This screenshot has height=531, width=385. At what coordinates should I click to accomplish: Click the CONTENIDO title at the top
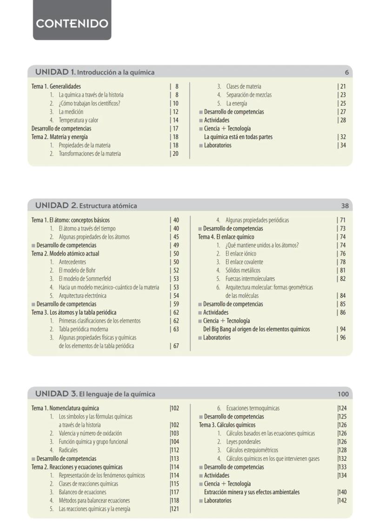pyautogui.click(x=72, y=24)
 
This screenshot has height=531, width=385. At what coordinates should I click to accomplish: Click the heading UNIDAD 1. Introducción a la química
pyautogui.click(x=95, y=72)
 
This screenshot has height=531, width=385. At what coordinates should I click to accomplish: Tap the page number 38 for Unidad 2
pyautogui.click(x=345, y=205)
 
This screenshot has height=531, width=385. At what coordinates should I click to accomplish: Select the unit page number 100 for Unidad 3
pyautogui.click(x=343, y=394)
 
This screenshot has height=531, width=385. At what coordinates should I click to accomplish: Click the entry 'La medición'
pyautogui.click(x=71, y=111)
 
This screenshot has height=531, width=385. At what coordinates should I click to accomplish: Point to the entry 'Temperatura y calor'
pyautogui.click(x=78, y=120)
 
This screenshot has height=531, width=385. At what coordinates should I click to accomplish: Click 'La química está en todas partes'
pyautogui.click(x=238, y=137)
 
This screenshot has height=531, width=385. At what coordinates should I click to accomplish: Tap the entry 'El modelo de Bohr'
pyautogui.click(x=77, y=270)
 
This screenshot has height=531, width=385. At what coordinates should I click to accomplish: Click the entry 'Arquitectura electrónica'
pyautogui.click(x=82, y=295)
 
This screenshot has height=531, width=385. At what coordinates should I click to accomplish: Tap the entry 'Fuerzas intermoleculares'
pyautogui.click(x=250, y=279)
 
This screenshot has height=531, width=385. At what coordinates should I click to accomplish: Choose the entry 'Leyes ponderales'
pyautogui.click(x=243, y=442)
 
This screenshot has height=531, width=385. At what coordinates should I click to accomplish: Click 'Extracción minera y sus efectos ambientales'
pyautogui.click(x=252, y=492)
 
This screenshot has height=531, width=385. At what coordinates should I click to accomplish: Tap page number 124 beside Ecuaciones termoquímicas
pyautogui.click(x=342, y=408)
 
